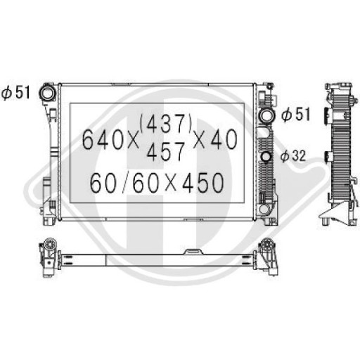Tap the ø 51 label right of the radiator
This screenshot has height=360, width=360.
pyautogui.click(x=296, y=115)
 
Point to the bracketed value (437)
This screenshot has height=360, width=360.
pyautogui.click(x=167, y=124)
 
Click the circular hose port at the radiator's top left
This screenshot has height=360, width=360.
pyautogui.click(x=49, y=92)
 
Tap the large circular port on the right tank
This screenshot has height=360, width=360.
pyautogui.click(x=267, y=115)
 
